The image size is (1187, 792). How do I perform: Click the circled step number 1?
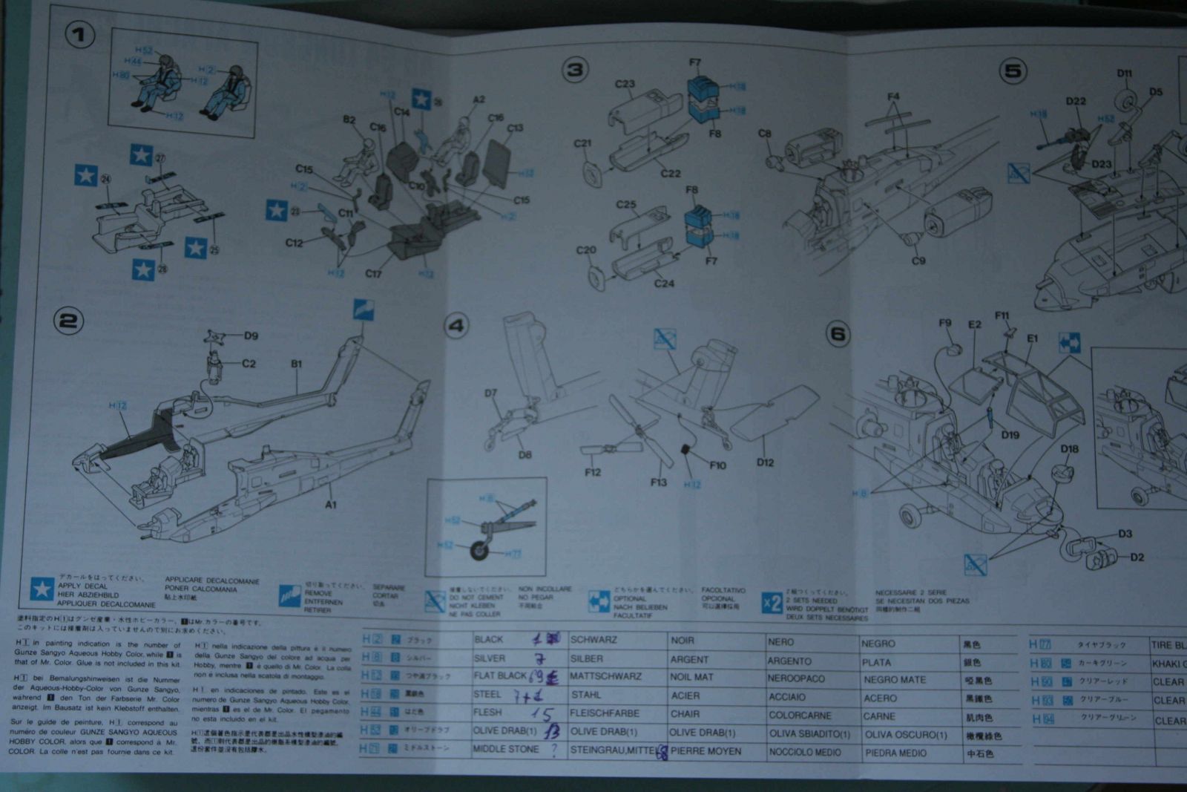[x=80, y=35]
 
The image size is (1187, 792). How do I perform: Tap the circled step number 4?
[x=456, y=326]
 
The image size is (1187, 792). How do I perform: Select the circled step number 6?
[x=838, y=334]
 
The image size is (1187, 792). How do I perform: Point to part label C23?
[x=625, y=85]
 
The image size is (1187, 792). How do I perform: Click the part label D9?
[x=251, y=336]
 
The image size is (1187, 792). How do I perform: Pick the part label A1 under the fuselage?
[x=331, y=505]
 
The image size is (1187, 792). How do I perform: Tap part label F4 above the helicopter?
[x=893, y=97]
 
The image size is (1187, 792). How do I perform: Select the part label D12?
[x=765, y=462]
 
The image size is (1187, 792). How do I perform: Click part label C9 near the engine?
[x=918, y=261]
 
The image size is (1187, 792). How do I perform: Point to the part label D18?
[x=1069, y=449]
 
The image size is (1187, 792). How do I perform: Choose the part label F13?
[x=659, y=482]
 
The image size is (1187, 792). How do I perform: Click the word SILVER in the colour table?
[x=490, y=658]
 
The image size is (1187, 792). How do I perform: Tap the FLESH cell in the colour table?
[x=487, y=713]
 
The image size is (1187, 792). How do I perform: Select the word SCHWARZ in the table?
[x=593, y=640]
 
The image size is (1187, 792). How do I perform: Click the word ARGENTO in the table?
[x=789, y=661]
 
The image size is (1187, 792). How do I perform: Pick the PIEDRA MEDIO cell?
[x=895, y=753]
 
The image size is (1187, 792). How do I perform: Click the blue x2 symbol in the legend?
[x=772, y=603]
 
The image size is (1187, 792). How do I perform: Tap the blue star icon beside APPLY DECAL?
[x=42, y=589]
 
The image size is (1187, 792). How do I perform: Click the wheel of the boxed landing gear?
[x=481, y=550]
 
